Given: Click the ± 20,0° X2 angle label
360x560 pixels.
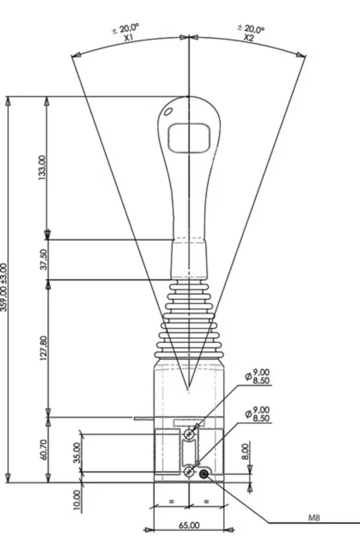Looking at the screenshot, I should (x=250, y=32).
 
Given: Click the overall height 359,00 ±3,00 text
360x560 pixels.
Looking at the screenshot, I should (x=4, y=287).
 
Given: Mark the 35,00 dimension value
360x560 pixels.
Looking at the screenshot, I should (x=77, y=452).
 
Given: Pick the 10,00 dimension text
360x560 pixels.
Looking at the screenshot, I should (x=77, y=500).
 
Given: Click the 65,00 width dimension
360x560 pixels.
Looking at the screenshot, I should (x=189, y=525).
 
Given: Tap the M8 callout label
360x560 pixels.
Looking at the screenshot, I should (x=314, y=517).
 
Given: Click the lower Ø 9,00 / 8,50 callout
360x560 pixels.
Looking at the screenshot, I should (x=258, y=415).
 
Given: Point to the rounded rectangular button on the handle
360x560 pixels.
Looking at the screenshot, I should (x=189, y=138).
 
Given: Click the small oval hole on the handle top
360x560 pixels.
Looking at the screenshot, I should (x=168, y=111).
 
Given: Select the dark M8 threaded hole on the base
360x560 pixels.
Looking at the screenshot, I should (x=204, y=474).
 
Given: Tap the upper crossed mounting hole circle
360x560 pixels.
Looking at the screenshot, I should (x=189, y=434).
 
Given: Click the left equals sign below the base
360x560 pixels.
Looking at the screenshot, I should (x=171, y=501).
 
